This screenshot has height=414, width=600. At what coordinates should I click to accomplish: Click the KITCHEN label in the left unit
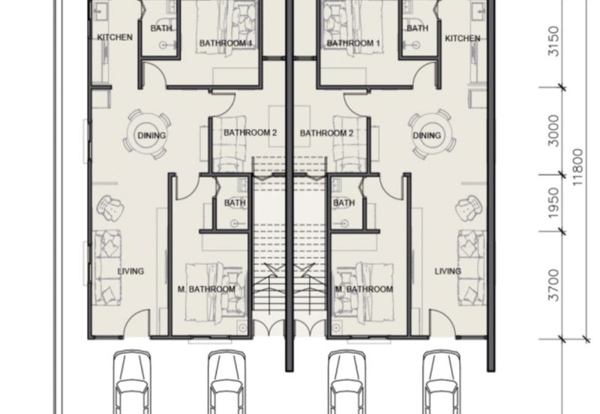pyautogui.click(x=115, y=37)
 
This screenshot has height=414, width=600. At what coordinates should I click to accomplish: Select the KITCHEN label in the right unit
pyautogui.click(x=462, y=38)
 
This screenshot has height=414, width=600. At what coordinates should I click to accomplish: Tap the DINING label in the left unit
pyautogui.click(x=151, y=136)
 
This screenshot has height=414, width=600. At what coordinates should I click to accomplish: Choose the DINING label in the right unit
pyautogui.click(x=427, y=136)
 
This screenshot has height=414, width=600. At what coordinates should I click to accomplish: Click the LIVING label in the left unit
pyautogui.click(x=130, y=271)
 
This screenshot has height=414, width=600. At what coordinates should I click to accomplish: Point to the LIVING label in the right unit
pyautogui.click(x=448, y=271)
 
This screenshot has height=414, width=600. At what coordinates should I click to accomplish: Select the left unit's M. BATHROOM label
pyautogui.click(x=206, y=289)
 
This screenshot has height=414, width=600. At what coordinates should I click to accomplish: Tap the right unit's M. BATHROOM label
pyautogui.click(x=364, y=289)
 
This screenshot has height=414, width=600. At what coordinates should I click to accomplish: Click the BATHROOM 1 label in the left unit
pyautogui.click(x=225, y=44)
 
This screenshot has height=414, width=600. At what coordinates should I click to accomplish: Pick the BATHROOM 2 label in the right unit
pyautogui.click(x=326, y=133)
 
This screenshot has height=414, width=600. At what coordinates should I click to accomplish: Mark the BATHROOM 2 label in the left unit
pyautogui.click(x=250, y=133)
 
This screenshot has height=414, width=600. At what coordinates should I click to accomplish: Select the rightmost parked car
pyautogui.click(x=442, y=382)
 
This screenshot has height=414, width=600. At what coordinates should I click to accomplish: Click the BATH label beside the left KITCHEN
pyautogui.click(x=160, y=28)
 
